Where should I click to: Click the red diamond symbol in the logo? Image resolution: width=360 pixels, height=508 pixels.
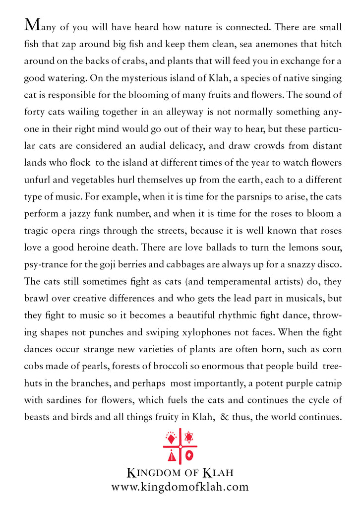(x=171, y=439)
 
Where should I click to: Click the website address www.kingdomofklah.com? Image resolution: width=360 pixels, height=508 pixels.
(x=180, y=487)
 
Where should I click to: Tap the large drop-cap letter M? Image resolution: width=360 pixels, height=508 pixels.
(x=32, y=25)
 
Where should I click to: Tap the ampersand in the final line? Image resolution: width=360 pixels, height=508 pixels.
(x=224, y=415)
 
